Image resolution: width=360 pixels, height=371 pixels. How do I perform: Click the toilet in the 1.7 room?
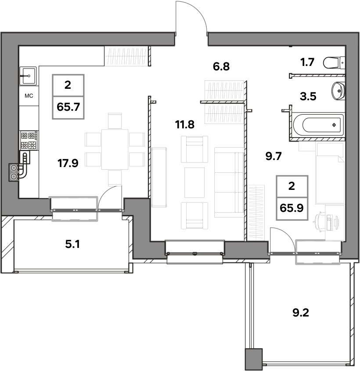[334, 63]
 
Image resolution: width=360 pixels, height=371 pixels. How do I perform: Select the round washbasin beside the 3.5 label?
[338, 90]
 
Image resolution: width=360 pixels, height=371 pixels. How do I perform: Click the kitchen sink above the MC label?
[28, 76]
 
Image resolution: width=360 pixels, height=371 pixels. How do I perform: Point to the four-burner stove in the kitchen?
[29, 140]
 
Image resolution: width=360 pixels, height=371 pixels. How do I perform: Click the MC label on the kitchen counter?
[29, 96]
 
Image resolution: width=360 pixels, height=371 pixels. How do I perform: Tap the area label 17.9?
[68, 163]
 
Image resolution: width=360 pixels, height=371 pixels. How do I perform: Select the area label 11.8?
[185, 124]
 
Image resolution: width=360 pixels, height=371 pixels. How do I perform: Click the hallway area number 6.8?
[221, 67]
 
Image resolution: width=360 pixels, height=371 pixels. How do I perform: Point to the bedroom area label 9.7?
[274, 156]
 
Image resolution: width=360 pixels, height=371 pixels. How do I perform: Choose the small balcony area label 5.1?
[72, 244]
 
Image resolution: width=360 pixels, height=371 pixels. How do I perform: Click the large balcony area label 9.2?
[301, 313]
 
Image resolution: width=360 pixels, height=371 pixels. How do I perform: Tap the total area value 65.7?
[68, 107]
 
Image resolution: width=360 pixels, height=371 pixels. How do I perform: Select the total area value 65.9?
[292, 208]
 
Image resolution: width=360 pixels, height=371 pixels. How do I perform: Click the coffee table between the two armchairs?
[194, 182]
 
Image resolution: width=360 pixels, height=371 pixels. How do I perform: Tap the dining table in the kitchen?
[115, 149]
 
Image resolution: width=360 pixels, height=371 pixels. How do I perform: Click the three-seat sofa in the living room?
[229, 182]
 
